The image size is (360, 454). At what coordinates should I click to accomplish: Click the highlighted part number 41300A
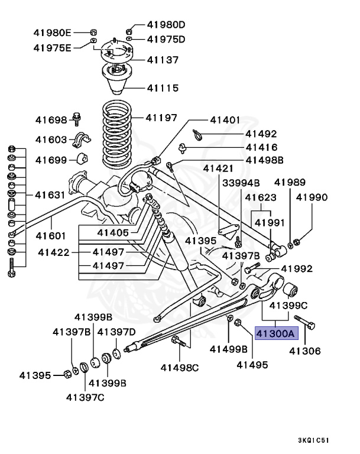[x=274, y=333]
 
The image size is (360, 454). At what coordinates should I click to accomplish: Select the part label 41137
[x=163, y=60]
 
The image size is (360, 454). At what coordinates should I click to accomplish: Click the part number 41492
[x=261, y=134]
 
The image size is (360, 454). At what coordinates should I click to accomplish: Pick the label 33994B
[x=241, y=183]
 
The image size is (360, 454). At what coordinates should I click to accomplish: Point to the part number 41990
[x=312, y=197]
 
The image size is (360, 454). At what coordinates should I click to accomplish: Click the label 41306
[x=304, y=351]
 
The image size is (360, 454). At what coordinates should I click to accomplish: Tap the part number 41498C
[x=180, y=367]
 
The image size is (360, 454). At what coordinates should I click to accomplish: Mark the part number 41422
[x=54, y=252]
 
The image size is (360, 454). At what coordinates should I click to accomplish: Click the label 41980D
[x=166, y=24]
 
